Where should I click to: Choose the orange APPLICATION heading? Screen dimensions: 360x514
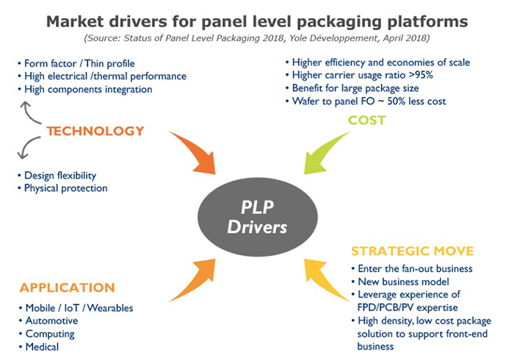click(x=67, y=287)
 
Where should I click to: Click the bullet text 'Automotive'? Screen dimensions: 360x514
click(x=51, y=321)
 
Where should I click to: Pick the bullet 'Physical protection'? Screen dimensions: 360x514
click(x=65, y=188)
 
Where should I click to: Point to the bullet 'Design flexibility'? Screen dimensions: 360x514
click(x=59, y=175)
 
